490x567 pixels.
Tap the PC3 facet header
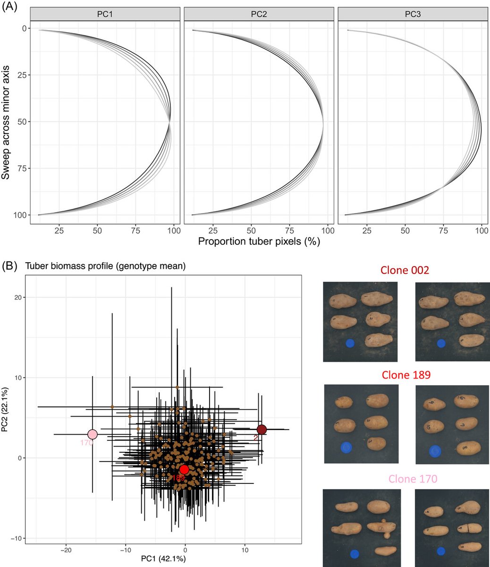pos(413,15)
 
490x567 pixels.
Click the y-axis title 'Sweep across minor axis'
pos(6,122)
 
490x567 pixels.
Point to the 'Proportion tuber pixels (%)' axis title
pos(259,241)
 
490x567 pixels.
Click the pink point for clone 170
pos(93,434)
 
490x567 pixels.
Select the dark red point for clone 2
pos(262,429)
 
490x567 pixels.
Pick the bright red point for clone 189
pos(184,469)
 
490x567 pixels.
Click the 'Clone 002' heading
pos(406,270)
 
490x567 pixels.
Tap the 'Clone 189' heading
pos(406,375)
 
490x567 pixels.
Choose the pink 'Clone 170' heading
pos(406,479)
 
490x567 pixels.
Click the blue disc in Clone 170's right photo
pos(441,551)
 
